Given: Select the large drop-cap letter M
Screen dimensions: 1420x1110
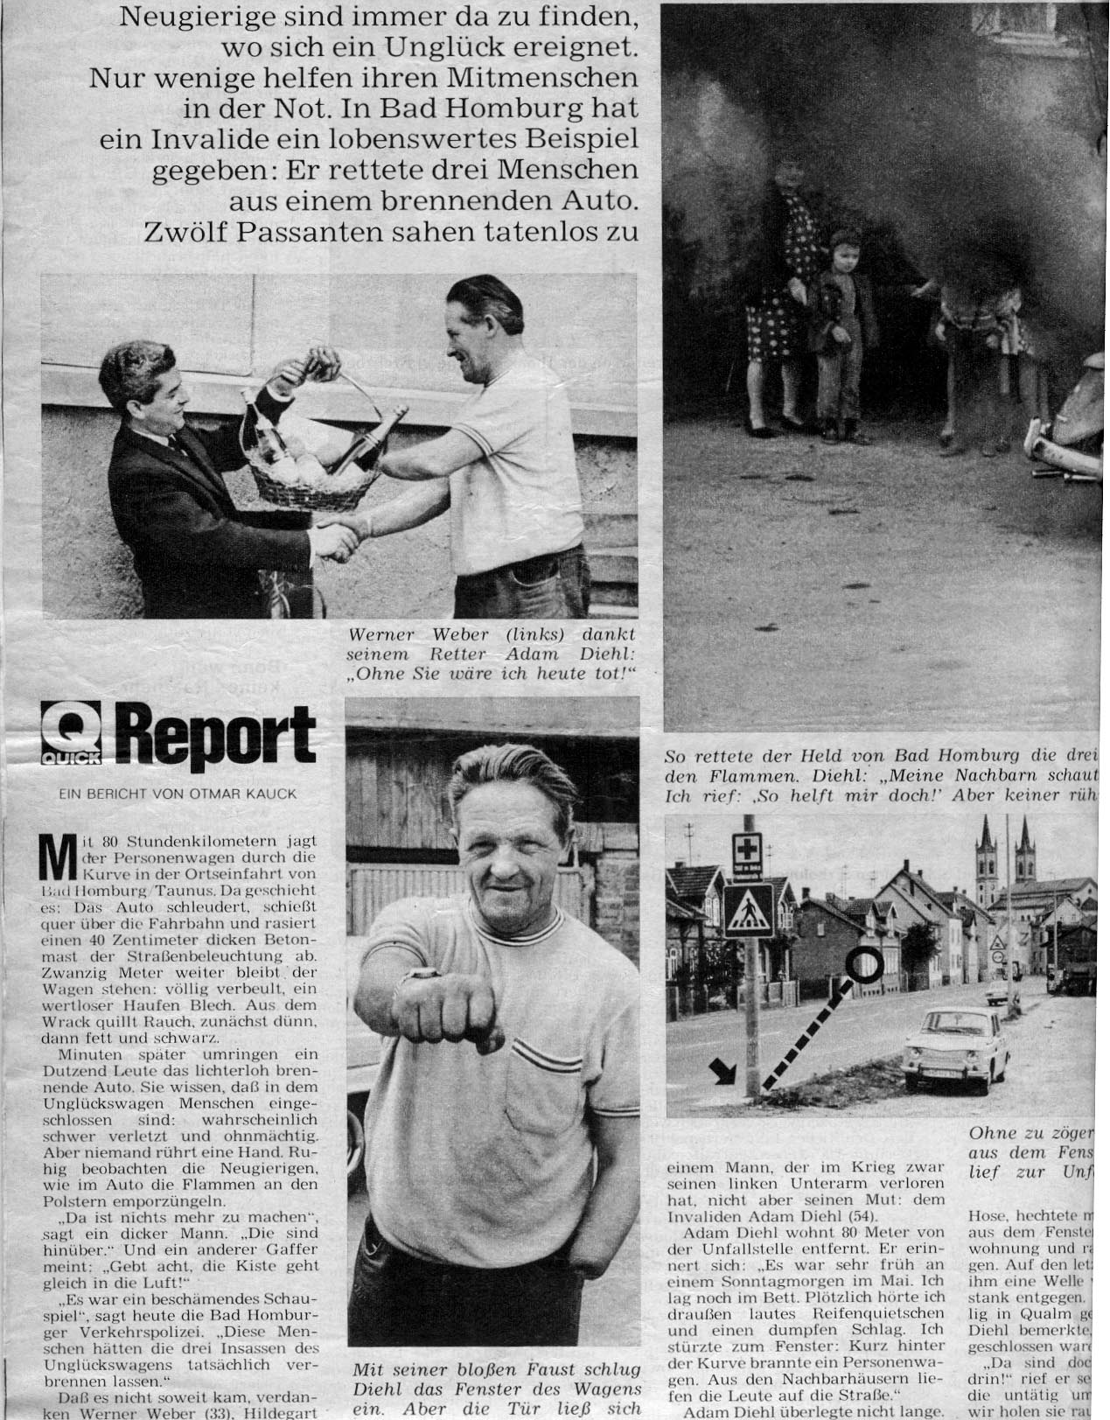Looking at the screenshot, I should [57, 861].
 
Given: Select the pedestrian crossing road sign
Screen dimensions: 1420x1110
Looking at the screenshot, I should [747, 909].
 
